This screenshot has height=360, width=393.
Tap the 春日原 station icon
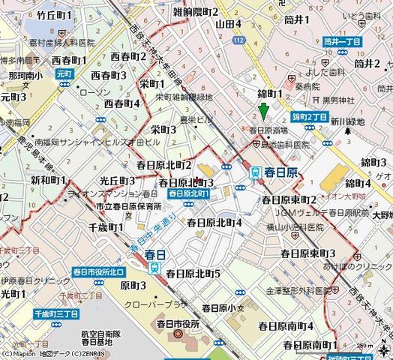tap(256, 172)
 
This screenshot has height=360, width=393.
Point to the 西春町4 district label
tap(122, 103)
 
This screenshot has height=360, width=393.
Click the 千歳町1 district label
tap(106, 226)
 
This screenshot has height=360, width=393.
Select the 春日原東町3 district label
tap(309, 253)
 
